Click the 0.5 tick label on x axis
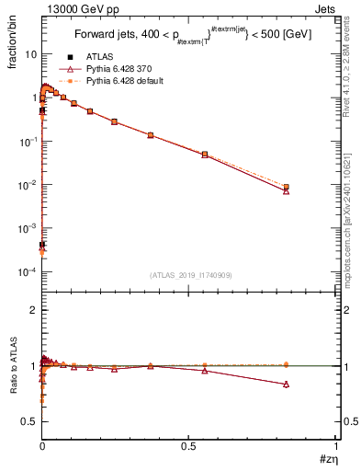[188, 446]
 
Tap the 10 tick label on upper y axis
[30, 54]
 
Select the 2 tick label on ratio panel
[33, 310]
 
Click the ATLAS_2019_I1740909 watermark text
[189, 275]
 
